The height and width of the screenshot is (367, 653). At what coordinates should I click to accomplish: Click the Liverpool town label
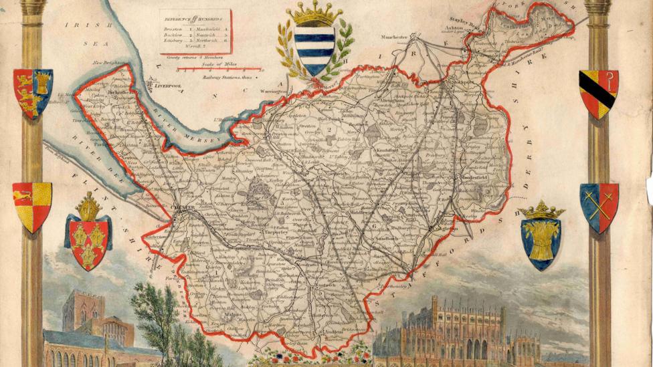click(168, 86)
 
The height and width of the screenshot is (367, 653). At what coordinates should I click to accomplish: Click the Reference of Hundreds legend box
click(195, 31)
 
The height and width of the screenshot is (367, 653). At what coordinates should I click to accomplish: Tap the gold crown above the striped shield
click(314, 13)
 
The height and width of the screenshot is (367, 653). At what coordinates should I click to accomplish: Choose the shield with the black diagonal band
click(598, 93)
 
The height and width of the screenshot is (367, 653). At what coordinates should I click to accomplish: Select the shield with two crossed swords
click(599, 207)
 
